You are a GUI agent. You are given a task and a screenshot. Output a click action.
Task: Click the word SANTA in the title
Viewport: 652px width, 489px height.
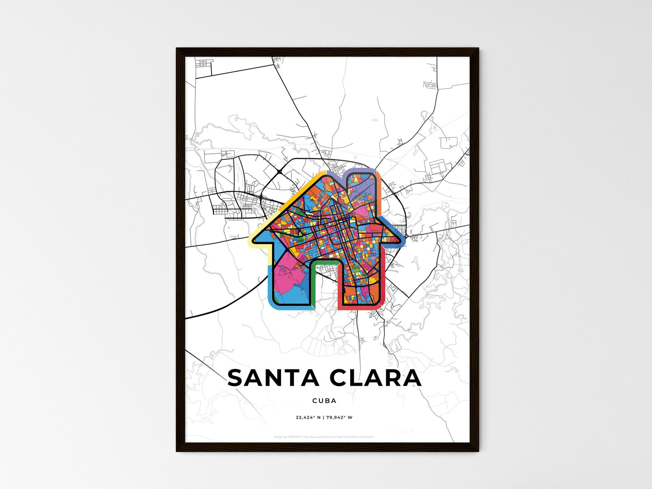tap(273, 378)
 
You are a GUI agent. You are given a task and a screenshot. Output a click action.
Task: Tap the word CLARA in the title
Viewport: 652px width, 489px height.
tap(376, 378)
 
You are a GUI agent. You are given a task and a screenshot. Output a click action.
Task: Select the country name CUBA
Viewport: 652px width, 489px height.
tap(324, 401)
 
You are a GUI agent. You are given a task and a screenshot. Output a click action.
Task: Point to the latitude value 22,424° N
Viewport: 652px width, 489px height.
tap(308, 417)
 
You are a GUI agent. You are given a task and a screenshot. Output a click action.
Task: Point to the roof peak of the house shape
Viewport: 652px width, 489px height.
tap(321, 174)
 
